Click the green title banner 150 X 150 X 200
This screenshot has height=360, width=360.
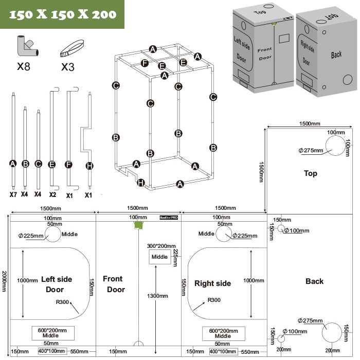[x=62, y=14]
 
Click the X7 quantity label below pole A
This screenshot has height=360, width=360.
[x=13, y=195]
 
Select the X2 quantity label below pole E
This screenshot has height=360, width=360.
[x=52, y=195]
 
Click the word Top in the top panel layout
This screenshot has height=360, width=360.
[x=311, y=173]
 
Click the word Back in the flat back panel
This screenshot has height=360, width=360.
[x=314, y=281]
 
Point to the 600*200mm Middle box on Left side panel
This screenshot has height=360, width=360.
[x=52, y=333]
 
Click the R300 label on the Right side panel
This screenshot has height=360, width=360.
[x=214, y=300]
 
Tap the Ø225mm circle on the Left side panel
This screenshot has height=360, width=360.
[x=53, y=234]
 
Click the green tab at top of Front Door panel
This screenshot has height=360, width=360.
[x=137, y=225]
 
